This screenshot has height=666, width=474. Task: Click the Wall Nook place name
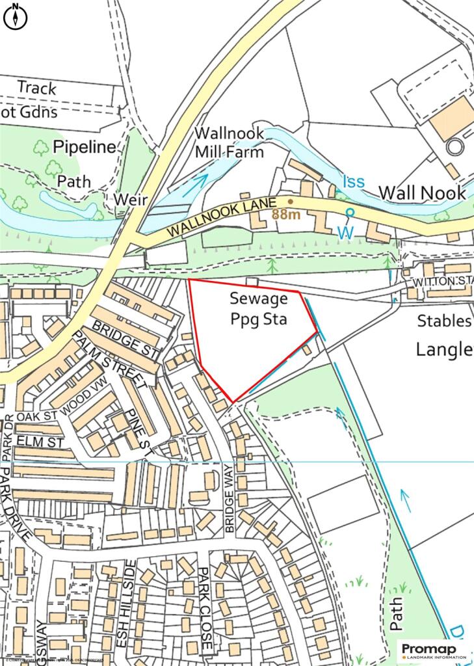[x=422, y=193]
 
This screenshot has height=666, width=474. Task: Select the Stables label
[x=444, y=321]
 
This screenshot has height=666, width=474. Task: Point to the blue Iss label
[x=354, y=181]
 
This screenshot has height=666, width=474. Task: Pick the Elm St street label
[x=32, y=442]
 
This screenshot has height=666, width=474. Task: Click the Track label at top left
[x=37, y=87]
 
